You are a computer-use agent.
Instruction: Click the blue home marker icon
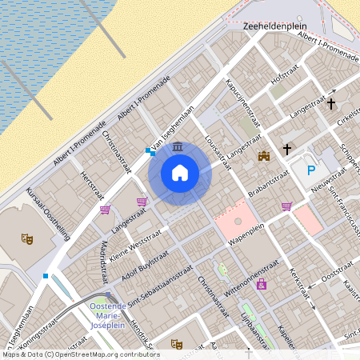(180, 172)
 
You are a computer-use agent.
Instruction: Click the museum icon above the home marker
(176, 147)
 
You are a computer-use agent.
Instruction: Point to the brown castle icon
(263, 157)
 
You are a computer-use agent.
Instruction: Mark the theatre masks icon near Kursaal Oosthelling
(27, 238)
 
